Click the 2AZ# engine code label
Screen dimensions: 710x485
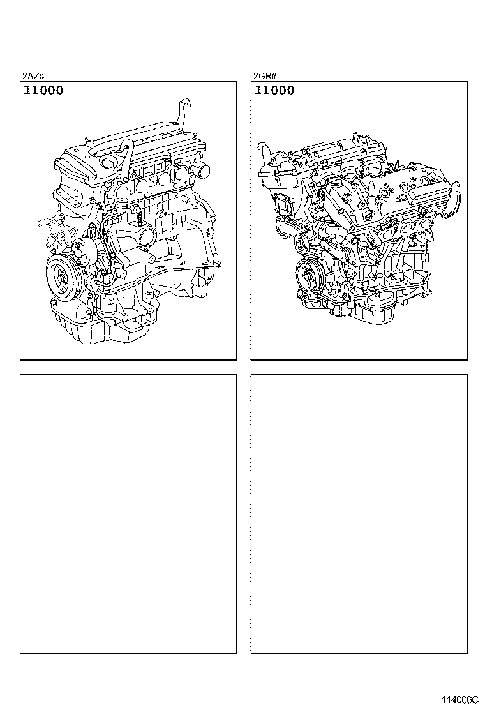[x=33, y=76]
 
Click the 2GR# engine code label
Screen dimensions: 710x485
[x=264, y=76]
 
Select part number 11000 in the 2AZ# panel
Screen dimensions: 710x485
[x=43, y=91]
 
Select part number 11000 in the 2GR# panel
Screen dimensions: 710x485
[x=274, y=91]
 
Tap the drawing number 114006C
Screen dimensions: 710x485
[x=459, y=700]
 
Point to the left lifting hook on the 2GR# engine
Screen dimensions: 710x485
[x=261, y=151]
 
